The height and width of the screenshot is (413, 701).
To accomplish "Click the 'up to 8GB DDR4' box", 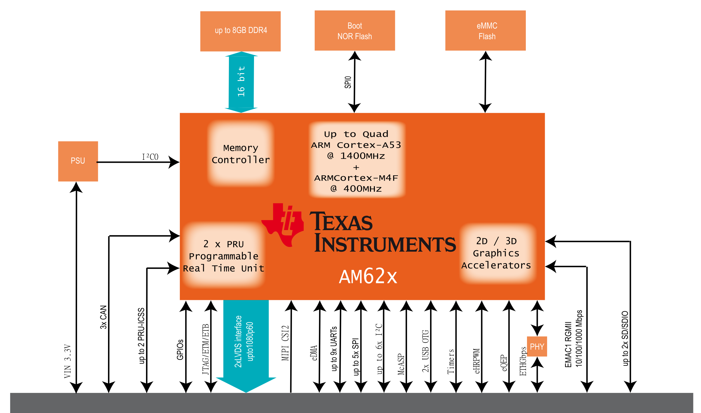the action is pos(240,31).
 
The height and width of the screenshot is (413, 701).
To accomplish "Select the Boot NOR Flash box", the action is pos(355,30).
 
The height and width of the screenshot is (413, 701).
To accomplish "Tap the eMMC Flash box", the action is pos(486,30).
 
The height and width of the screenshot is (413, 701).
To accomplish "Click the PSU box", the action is pos(78,161).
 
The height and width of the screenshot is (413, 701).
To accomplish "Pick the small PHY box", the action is pos(537,346).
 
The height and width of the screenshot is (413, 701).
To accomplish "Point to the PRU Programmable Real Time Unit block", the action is pos(224,256).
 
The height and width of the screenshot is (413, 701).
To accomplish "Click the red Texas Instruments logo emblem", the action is pos(283,225).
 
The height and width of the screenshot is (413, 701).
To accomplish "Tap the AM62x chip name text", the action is pos(368,276).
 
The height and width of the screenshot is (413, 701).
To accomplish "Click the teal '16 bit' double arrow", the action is pos(241,82).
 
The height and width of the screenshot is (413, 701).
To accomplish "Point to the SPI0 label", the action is pos(348,82).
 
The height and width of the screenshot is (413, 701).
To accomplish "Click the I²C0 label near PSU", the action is pos(150,157).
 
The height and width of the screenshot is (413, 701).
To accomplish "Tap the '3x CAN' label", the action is pos(103,317).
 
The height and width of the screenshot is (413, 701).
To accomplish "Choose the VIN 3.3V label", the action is pos(68,361).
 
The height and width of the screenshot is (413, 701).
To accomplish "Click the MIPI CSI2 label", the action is pos(285,343).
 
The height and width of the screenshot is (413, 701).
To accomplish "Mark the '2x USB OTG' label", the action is pos(425,351).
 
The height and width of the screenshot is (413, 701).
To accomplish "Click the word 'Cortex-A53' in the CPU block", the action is pos(369,145).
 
